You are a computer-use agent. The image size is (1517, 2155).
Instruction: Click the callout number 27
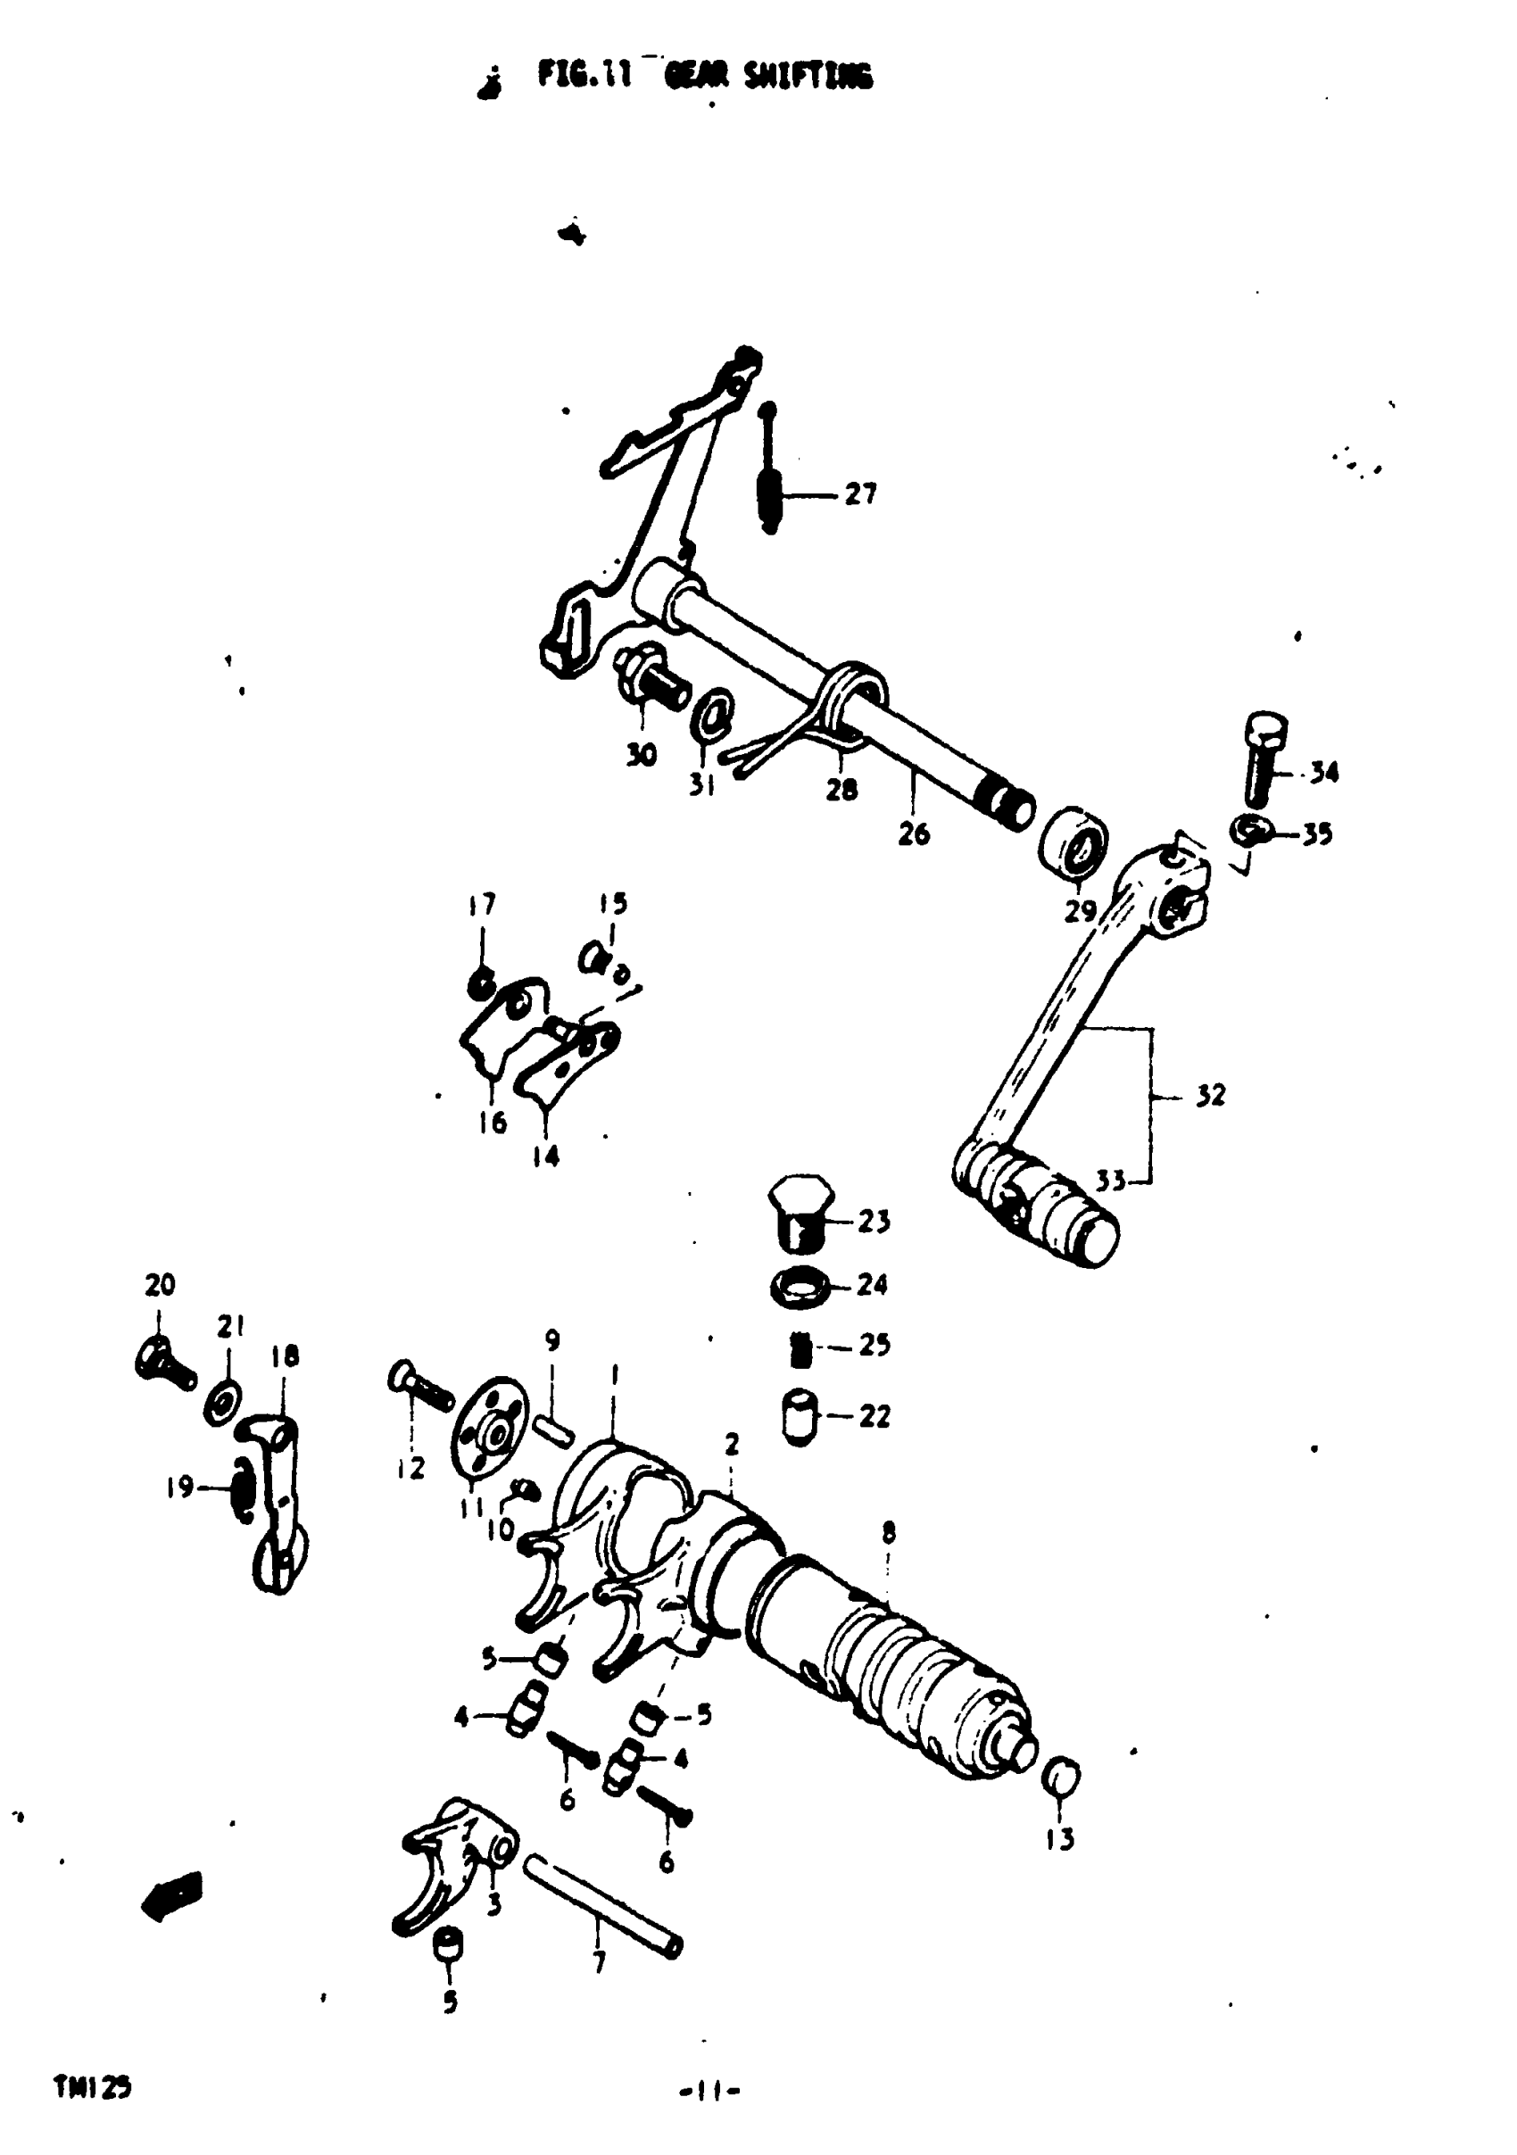tap(860, 493)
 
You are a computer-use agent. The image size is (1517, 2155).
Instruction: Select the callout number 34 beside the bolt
tap(1323, 773)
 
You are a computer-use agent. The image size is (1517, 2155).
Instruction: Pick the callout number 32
tap(1210, 1094)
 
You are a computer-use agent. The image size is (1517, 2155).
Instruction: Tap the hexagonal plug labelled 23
tap(799, 1212)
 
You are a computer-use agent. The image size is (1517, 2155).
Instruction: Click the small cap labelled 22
tap(799, 1417)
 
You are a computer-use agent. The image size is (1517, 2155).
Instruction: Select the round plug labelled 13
tap(1062, 1777)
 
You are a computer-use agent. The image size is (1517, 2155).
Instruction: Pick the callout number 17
tap(482, 905)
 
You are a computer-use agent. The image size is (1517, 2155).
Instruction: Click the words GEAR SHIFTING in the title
tap(768, 75)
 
